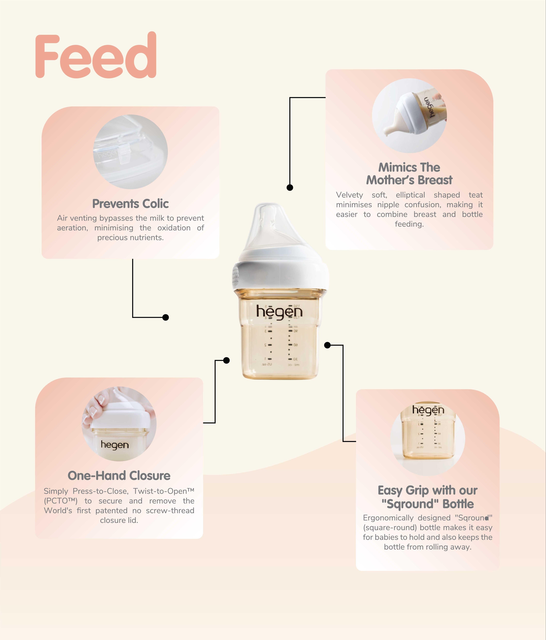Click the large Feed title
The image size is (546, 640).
pos(96,55)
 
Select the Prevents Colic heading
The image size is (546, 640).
pos(130,204)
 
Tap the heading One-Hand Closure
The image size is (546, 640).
pos(119,476)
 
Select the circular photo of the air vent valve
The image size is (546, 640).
pos(130,152)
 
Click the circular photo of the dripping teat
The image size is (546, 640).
pos(409,116)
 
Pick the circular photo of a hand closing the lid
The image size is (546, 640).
pos(119,424)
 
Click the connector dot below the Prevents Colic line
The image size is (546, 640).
pos(166,317)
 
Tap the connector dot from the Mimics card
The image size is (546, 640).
pos(290,187)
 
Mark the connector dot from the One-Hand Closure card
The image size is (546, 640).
pos(226,360)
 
